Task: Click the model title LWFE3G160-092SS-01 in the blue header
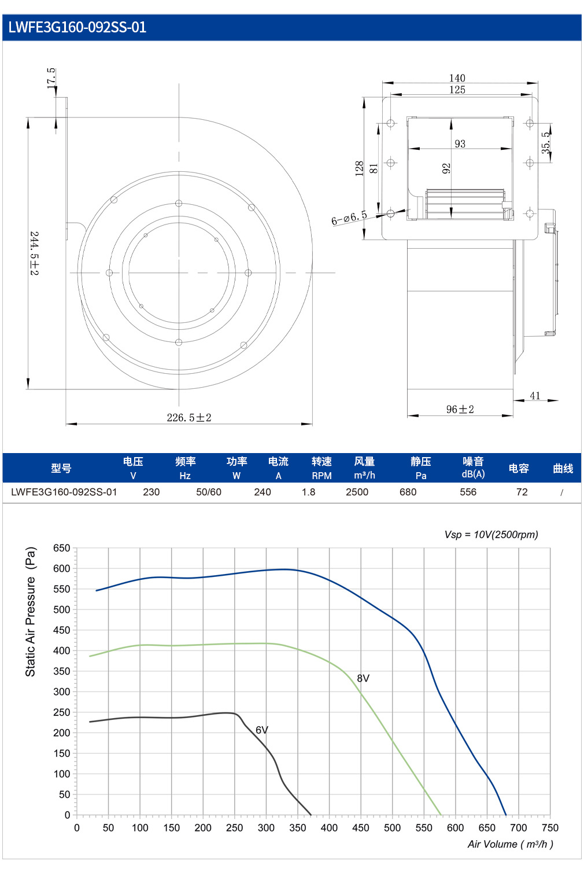click(x=77, y=27)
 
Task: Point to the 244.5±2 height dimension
click(x=35, y=253)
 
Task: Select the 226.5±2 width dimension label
click(x=189, y=418)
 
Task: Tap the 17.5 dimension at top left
click(x=51, y=78)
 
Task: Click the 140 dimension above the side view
click(x=457, y=78)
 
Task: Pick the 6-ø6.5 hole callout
click(x=349, y=218)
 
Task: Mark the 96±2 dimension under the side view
click(x=460, y=409)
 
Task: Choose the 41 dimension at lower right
click(x=535, y=396)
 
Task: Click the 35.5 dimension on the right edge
click(x=546, y=142)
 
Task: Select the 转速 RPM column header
click(x=321, y=468)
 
